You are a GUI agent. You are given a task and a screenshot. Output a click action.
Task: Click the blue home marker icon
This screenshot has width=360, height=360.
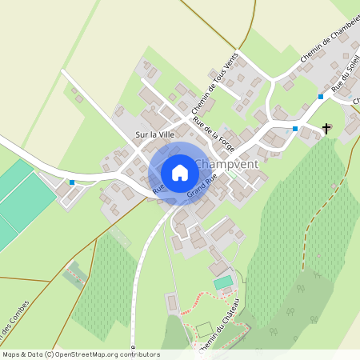click(x=179, y=173)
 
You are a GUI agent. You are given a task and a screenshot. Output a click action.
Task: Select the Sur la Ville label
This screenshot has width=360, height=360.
click(x=154, y=134)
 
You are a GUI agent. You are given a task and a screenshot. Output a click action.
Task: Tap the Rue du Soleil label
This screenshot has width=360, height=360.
click(x=345, y=80)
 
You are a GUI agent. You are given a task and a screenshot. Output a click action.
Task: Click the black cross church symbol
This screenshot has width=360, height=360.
click(x=326, y=128)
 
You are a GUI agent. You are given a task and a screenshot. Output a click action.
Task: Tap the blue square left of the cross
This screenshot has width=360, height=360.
click(x=295, y=128)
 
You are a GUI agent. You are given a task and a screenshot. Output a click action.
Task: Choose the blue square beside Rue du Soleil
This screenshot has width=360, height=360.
click(x=320, y=97)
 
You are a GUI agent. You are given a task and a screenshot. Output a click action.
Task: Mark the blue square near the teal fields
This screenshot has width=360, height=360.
click(x=72, y=182)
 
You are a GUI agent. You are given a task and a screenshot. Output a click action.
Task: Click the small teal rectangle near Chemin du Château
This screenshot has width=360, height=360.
click(x=222, y=282)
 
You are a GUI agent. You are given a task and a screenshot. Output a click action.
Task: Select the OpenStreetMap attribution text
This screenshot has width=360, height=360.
click(x=80, y=354)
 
